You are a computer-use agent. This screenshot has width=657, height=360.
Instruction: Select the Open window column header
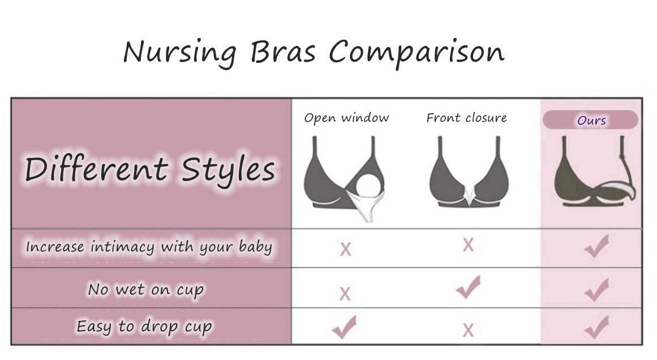tap(346, 118)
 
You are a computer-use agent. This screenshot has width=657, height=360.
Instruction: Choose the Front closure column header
tap(467, 118)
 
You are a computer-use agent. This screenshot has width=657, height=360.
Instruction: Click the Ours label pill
tap(591, 120)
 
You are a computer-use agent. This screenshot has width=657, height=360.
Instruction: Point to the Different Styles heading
tap(150, 168)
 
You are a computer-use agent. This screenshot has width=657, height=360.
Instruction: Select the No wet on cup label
tap(145, 289)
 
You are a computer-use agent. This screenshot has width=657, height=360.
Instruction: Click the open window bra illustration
tap(346, 178)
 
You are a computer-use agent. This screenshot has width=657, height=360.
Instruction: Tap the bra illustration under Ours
tap(594, 173)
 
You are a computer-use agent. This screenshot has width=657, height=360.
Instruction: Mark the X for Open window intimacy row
tap(345, 248)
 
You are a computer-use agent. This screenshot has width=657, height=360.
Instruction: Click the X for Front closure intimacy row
tap(468, 245)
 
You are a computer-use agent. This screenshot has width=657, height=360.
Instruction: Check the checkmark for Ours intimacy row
tap(596, 247)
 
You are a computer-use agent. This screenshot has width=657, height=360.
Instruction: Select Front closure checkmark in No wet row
tap(469, 287)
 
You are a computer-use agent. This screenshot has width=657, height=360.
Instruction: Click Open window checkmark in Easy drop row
tap(344, 327)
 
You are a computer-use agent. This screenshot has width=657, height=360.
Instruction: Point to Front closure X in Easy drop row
tap(468, 330)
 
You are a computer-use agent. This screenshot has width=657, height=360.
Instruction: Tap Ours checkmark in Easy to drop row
tap(596, 327)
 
